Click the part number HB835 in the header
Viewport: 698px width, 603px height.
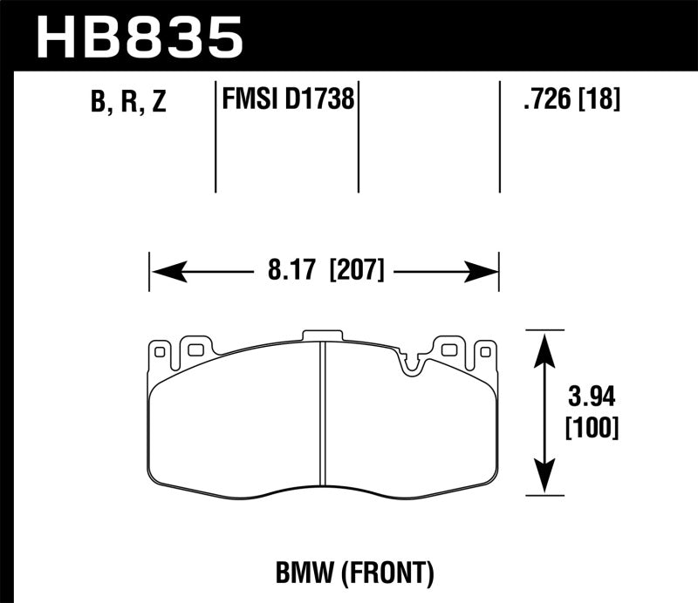pyautogui.click(x=140, y=37)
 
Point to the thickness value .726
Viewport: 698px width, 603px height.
pyautogui.click(x=544, y=100)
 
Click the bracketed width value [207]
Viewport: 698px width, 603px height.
pyautogui.click(x=356, y=270)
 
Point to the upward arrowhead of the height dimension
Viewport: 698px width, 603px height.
pyautogui.click(x=544, y=344)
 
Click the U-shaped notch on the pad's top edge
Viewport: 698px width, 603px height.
pyautogui.click(x=410, y=363)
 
